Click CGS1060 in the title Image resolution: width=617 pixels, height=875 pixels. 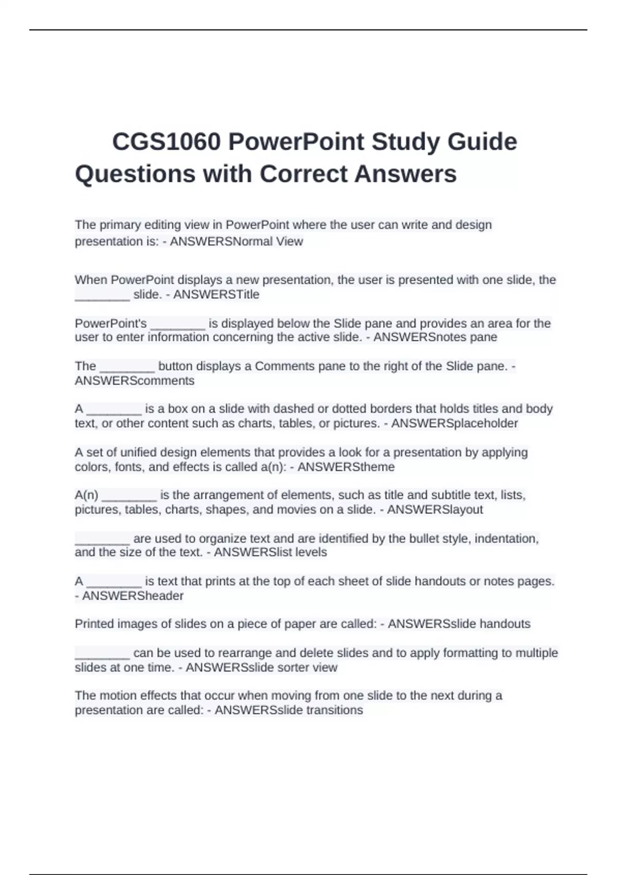pyautogui.click(x=166, y=142)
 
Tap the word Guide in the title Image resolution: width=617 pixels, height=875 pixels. pyautogui.click(x=482, y=142)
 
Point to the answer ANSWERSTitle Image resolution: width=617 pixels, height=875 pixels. pyautogui.click(x=216, y=294)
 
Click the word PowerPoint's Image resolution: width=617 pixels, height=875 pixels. pyautogui.click(x=111, y=324)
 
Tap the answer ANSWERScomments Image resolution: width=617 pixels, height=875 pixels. pyautogui.click(x=135, y=381)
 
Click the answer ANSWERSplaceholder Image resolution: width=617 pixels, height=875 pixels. pyautogui.click(x=455, y=423)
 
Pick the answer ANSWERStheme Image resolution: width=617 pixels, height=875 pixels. pyautogui.click(x=346, y=467)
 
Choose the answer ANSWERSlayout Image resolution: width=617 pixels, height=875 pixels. pyautogui.click(x=435, y=510)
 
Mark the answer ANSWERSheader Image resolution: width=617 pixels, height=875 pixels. pyautogui.click(x=133, y=596)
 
